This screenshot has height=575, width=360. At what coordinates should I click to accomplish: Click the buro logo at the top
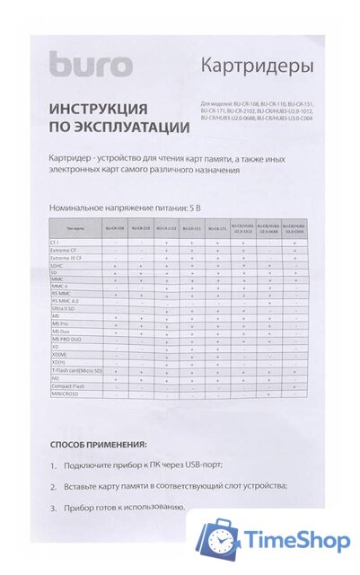pos(90,65)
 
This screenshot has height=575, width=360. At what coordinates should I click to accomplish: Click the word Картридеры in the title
pos(257,66)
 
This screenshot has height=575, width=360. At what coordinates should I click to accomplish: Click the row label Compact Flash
pos(67,385)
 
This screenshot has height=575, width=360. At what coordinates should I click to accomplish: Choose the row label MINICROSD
pos(65,394)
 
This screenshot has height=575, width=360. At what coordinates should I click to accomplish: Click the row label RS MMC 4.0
pos(66,300)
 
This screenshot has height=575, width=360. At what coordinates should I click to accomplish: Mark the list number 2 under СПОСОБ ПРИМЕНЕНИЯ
pos(54,486)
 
